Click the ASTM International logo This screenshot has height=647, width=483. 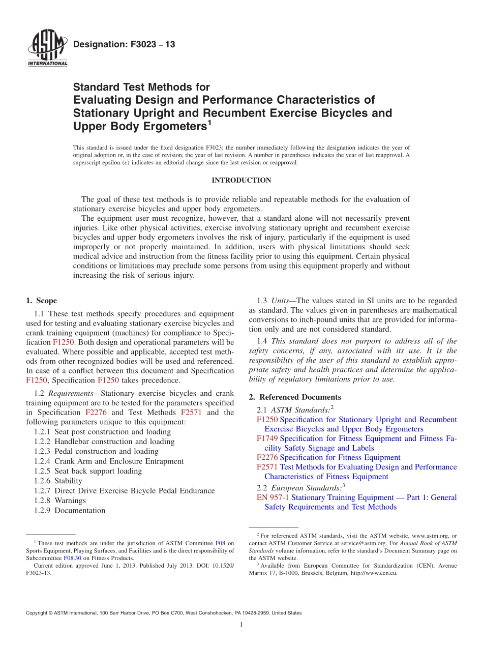click(47, 49)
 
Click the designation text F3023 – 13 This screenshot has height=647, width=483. click(124, 45)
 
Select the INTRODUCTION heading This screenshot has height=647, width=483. click(241, 180)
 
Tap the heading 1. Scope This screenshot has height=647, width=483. click(41, 301)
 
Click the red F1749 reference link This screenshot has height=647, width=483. click(267, 438)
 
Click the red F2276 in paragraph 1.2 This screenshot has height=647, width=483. click(96, 413)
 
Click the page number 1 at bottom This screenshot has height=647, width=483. click(242, 625)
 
